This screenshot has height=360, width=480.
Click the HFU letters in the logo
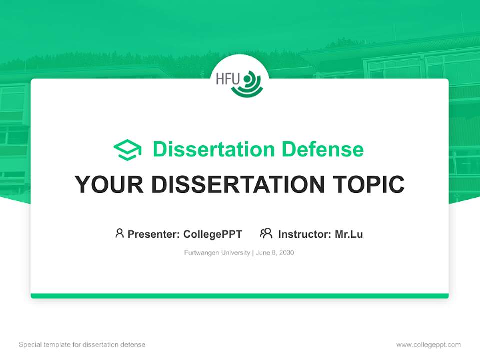point(228,79)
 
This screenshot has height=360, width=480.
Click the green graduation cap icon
point(127,150)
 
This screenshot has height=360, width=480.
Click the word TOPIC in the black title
point(370,185)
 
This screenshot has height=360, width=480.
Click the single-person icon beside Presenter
point(119,233)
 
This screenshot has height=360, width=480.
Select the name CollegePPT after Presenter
point(213,234)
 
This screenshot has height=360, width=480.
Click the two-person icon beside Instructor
point(266,233)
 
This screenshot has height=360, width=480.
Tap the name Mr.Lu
point(349,234)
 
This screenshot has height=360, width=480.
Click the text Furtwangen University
point(217,253)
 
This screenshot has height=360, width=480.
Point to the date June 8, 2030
point(275,253)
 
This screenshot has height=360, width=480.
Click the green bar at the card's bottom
point(240,296)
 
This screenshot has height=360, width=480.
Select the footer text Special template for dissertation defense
point(82,345)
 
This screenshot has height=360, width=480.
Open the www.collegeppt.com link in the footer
point(428,345)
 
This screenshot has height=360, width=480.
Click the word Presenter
point(153,234)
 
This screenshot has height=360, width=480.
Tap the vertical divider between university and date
point(253,253)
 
